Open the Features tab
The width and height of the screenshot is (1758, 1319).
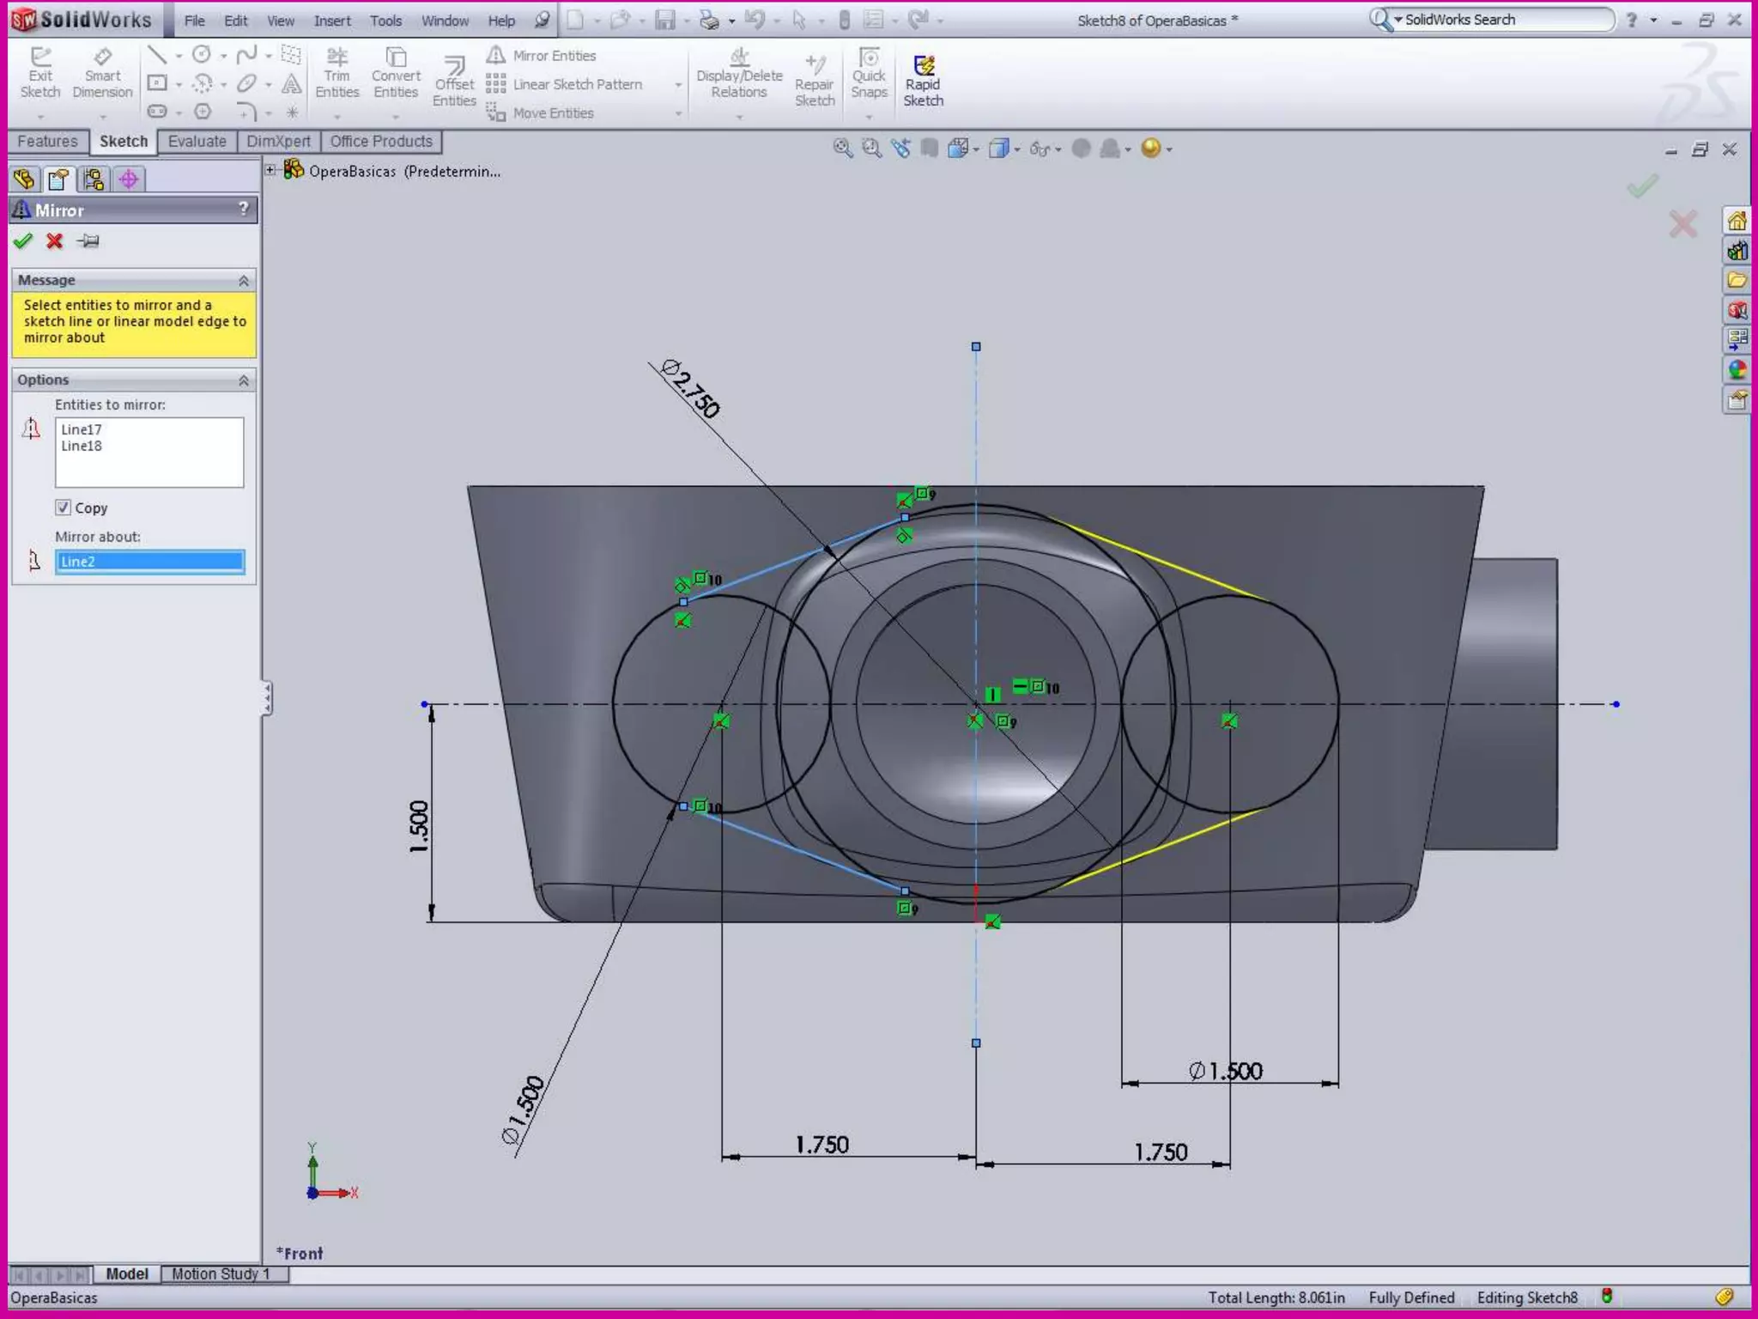[47, 142]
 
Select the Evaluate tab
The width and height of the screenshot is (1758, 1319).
[197, 142]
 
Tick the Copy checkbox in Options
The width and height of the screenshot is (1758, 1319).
[63, 508]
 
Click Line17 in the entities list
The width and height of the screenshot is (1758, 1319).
[82, 429]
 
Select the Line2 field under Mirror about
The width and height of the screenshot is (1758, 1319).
[149, 562]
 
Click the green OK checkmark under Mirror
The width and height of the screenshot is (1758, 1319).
[23, 241]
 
